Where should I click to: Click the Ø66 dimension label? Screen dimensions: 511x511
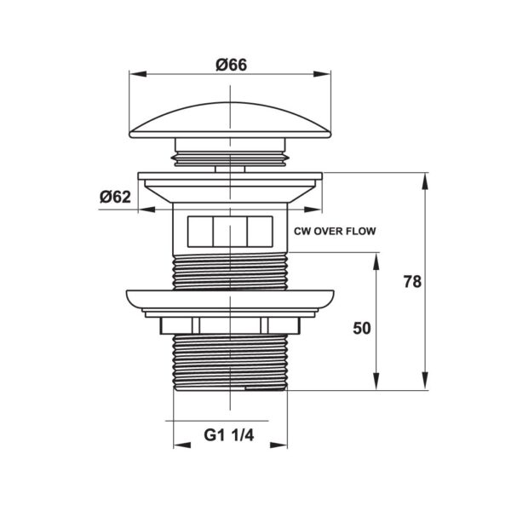(x=231, y=64)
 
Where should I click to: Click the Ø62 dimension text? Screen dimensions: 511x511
(x=115, y=197)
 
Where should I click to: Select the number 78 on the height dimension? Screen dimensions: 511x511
(x=412, y=282)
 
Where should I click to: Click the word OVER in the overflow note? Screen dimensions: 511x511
(x=330, y=231)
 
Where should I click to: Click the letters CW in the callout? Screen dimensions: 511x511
(x=301, y=231)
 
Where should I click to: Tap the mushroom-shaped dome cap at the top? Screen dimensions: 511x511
(x=230, y=119)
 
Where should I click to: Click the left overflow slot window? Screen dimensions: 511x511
(x=198, y=231)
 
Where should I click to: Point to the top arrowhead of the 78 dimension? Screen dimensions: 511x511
(x=425, y=178)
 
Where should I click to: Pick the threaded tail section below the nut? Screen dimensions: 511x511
(x=230, y=362)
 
